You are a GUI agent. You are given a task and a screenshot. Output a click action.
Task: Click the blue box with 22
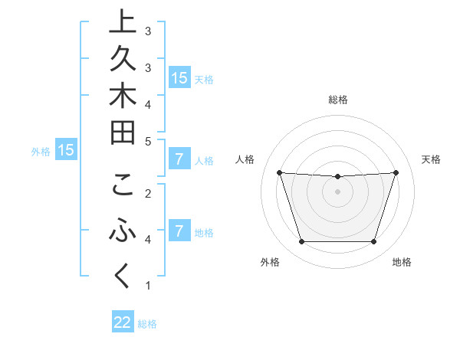coord(123,322)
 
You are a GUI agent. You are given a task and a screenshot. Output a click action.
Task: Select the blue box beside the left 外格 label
coord(66,151)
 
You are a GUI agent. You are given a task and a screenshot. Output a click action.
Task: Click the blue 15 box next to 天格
coord(179,78)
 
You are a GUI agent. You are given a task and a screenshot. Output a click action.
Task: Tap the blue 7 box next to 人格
coord(179,160)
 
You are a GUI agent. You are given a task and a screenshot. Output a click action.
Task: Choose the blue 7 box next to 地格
coord(179,231)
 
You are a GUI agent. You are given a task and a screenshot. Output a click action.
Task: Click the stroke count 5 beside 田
coord(148,141)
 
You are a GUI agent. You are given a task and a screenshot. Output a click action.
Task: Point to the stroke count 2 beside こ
coord(148,193)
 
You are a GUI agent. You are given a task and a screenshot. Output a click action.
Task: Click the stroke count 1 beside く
coord(148,286)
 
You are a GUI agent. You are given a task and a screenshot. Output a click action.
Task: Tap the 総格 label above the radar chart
coord(338,100)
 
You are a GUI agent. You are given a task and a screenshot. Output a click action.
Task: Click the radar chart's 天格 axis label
coord(432,159)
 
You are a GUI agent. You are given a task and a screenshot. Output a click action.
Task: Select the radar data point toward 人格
coord(280,173)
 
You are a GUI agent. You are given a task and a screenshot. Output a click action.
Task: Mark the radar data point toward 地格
coord(373,242)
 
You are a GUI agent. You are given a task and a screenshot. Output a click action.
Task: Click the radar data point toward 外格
coord(301,242)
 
